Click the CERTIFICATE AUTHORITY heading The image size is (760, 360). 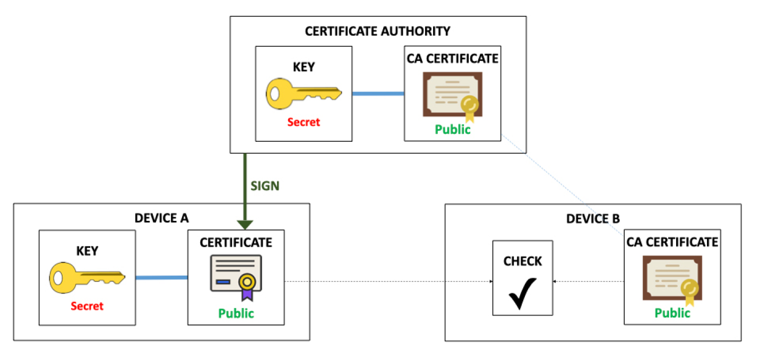377,31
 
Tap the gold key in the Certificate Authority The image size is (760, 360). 303,94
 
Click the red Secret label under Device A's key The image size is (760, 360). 87,306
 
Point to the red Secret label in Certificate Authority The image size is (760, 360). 304,122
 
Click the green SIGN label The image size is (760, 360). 265,186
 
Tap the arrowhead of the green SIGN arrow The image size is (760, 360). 245,224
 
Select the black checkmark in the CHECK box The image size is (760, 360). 523,293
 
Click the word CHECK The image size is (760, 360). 523,261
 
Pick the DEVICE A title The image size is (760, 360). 161,218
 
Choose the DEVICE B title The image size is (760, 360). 593,219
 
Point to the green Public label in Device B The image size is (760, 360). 672,313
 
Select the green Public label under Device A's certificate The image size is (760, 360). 236,313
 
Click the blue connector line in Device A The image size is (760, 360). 161,277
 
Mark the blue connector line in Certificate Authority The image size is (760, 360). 378,94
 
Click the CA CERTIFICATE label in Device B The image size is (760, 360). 672,242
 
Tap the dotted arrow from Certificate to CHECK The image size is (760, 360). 387,281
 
